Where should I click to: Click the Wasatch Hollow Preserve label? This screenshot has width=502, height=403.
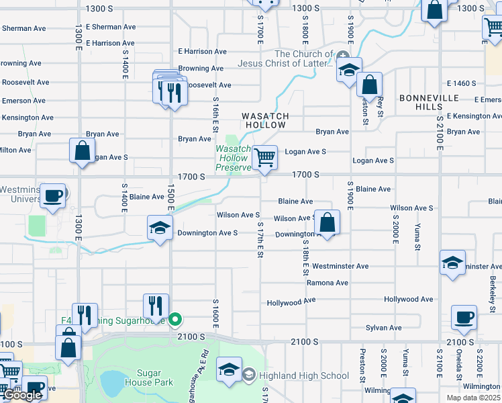[233, 158]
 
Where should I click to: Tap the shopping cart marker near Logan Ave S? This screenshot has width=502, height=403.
[265, 158]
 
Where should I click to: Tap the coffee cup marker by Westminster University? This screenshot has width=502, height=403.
[53, 196]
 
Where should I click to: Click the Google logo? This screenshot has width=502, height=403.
[22, 396]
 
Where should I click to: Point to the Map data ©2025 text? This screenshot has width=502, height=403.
[472, 397]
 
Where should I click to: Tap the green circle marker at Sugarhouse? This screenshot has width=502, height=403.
[175, 320]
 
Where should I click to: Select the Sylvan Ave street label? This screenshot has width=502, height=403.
[384, 328]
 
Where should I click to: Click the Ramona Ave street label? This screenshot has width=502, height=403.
[328, 283]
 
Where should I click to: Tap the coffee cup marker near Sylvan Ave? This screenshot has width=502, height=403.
[463, 317]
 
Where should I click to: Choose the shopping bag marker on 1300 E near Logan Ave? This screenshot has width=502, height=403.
[82, 152]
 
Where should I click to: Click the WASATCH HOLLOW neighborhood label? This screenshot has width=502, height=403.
[265, 121]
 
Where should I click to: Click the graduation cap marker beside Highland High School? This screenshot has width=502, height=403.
[229, 370]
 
